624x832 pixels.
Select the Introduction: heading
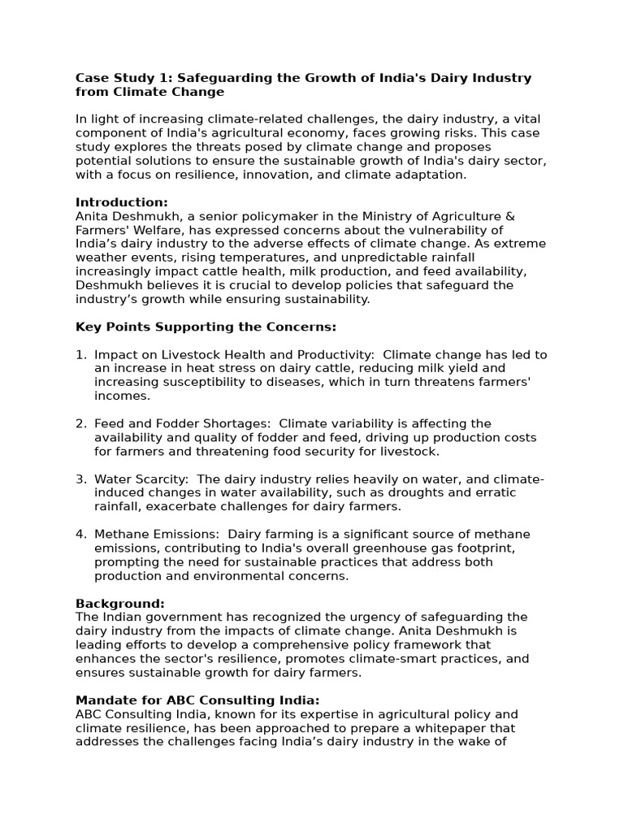coord(122,202)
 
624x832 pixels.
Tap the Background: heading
coord(120,604)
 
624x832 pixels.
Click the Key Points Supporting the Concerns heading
coord(206,327)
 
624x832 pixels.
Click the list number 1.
coord(80,355)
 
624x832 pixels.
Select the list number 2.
coord(80,424)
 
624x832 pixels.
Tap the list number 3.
coord(80,479)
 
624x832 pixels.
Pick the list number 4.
coord(80,535)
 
